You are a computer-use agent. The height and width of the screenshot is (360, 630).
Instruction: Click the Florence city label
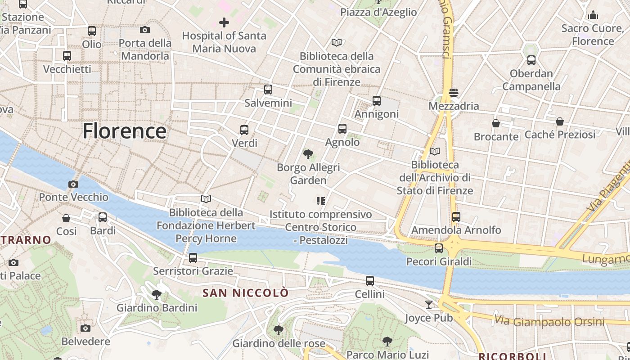[x=124, y=131]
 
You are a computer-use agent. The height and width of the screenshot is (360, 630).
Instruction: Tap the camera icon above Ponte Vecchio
[x=73, y=184]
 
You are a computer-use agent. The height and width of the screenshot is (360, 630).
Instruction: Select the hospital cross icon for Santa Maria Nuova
[x=224, y=22]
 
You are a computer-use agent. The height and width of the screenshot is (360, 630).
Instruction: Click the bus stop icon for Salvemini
[x=268, y=90]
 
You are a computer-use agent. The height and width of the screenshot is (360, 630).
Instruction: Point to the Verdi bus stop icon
[x=244, y=130]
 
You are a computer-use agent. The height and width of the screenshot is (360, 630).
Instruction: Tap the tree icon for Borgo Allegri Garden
[x=308, y=155]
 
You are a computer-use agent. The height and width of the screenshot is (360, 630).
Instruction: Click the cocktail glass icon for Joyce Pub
[x=429, y=305]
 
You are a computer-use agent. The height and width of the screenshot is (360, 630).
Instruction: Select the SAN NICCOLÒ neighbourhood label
[x=245, y=293]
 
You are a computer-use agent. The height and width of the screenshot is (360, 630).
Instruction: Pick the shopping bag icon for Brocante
[x=496, y=123]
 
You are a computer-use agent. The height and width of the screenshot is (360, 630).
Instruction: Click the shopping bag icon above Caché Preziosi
[x=560, y=121]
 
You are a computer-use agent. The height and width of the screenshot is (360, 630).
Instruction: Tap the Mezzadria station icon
[x=454, y=93]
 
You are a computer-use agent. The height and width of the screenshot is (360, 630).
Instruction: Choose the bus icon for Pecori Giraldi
[x=439, y=248]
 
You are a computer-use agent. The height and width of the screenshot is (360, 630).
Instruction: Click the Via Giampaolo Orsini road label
[x=549, y=321]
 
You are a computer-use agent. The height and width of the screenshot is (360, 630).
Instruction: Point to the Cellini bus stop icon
[x=370, y=281]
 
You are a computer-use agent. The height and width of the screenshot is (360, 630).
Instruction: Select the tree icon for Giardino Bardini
[x=157, y=295]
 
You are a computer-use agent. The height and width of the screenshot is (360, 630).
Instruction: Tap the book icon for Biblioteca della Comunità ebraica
[x=337, y=43]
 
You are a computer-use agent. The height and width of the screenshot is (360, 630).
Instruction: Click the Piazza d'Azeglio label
[x=378, y=12]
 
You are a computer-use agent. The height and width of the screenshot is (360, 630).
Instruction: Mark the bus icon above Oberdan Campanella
[x=531, y=60]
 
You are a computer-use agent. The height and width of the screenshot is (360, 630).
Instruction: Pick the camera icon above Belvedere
[x=85, y=328]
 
